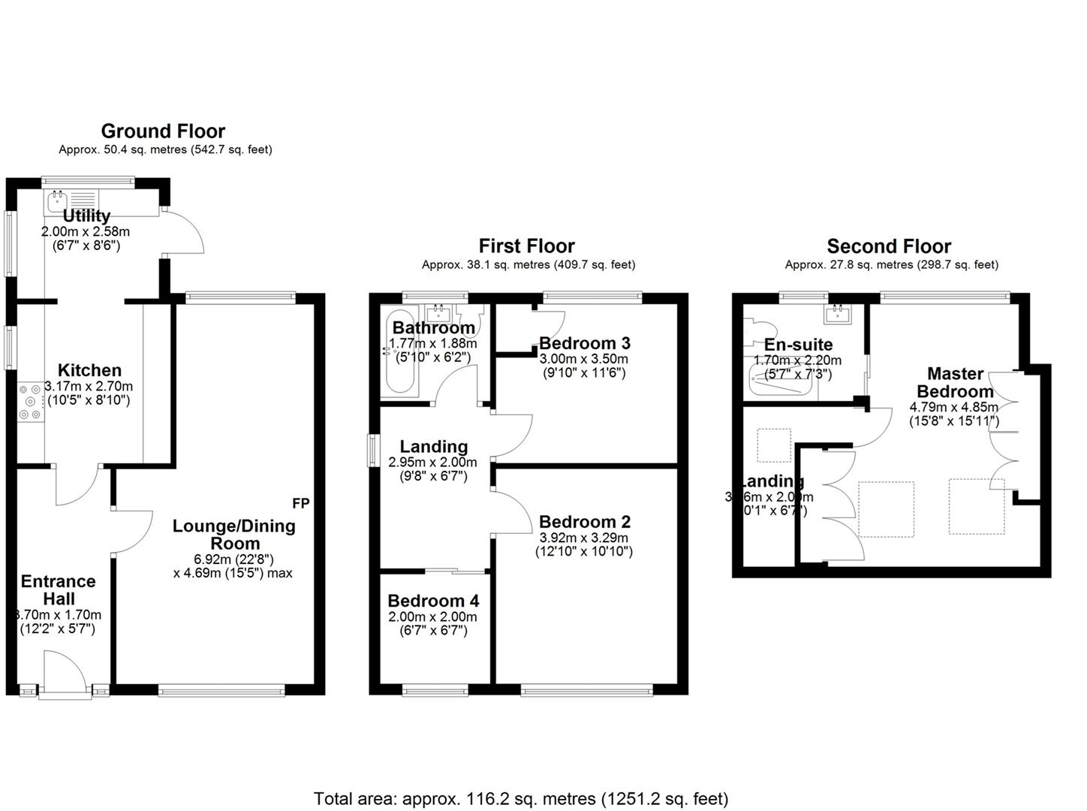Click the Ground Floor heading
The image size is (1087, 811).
163,131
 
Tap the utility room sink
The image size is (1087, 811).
58,200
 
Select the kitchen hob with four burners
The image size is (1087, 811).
31,402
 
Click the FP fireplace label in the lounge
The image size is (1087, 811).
300,502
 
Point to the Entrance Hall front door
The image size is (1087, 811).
65,674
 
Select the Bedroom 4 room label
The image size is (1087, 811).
433,601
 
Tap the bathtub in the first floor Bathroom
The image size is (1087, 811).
397,353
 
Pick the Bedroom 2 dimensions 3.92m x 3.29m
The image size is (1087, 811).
583,538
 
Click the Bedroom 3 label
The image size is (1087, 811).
584,343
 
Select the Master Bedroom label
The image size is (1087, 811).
955,382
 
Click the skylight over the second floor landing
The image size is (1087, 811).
773,445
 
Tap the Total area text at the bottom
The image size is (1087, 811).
520,798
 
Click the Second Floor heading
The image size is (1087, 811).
889,246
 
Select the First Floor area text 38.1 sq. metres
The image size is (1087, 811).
528,264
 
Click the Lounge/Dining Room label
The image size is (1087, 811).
234,535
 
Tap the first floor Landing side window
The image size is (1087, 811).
373,451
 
